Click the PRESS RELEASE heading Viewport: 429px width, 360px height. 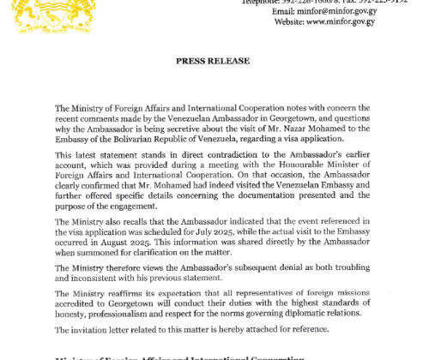pos(213,62)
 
